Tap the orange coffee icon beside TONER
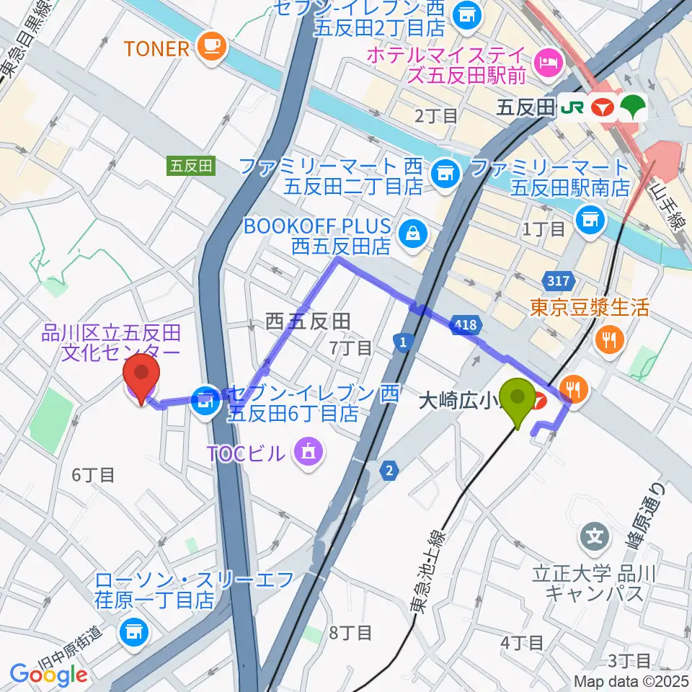[214, 48]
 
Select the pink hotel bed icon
[550, 62]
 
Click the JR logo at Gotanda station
[574, 108]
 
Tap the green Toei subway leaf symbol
[636, 108]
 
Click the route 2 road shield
[390, 471]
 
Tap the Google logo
[48, 674]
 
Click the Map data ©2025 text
[631, 680]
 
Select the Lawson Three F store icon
[131, 632]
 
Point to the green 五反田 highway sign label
[191, 165]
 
